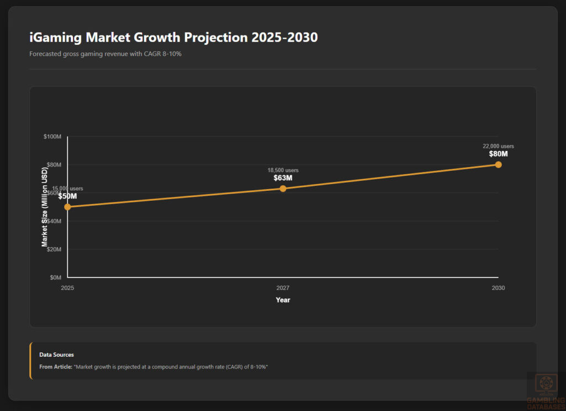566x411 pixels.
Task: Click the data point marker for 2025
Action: pos(67,207)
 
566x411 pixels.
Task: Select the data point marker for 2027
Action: pos(283,189)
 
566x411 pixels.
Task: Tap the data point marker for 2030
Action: pos(498,165)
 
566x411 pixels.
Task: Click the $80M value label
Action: pos(498,154)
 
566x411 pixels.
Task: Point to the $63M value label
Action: pos(283,178)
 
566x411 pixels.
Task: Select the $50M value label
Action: pos(67,196)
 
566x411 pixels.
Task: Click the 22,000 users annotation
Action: pos(498,146)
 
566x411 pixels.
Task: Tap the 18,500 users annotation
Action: pos(283,170)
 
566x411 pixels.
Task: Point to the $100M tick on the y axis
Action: pos(53,137)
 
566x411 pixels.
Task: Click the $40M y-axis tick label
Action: pos(54,221)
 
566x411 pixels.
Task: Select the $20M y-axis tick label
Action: pos(54,249)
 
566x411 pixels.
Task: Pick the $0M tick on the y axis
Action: pos(55,278)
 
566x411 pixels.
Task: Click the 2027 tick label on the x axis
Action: pos(283,288)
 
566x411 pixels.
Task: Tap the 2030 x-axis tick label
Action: pos(498,288)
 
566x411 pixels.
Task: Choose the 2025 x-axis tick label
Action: pos(67,288)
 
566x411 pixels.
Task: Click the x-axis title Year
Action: pos(283,300)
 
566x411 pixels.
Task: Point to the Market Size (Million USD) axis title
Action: pos(44,207)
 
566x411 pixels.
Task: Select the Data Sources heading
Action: pos(56,355)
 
